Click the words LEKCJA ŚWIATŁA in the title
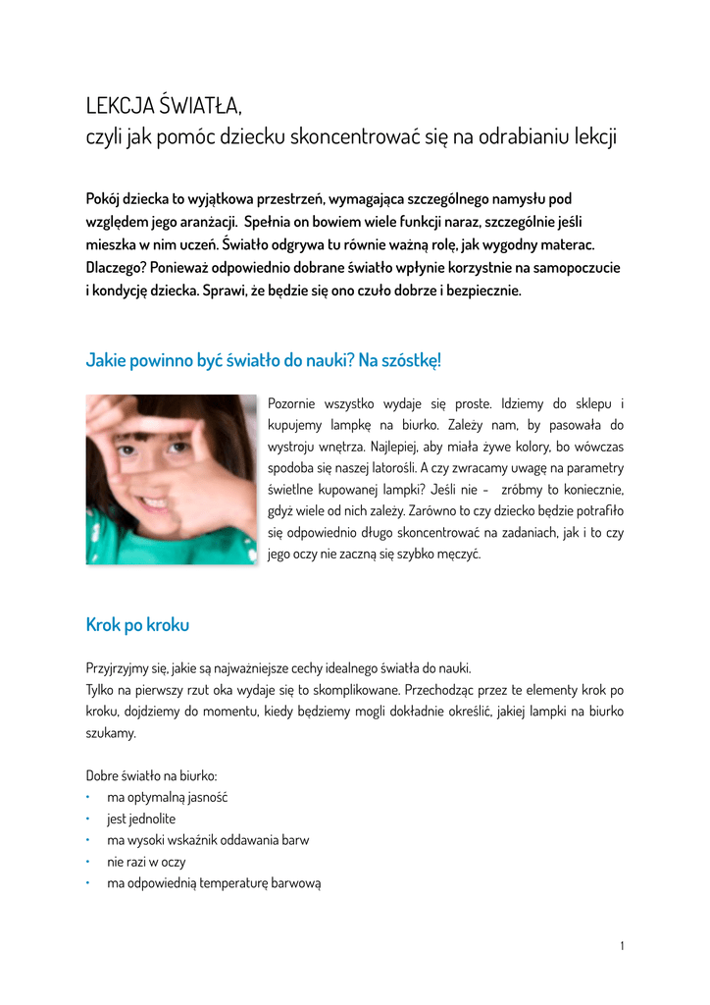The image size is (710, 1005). click(x=162, y=105)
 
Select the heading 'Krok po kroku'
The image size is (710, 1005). click(x=137, y=625)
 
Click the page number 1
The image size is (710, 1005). click(x=622, y=946)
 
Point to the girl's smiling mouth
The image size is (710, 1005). click(x=155, y=503)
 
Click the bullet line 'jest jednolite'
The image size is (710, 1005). click(x=141, y=819)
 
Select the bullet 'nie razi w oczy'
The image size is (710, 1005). click(x=146, y=862)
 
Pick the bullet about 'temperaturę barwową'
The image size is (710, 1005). click(x=214, y=883)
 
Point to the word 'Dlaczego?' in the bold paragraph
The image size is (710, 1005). click(x=117, y=267)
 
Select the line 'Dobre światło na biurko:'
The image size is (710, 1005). click(x=151, y=775)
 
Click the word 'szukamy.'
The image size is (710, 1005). click(x=111, y=733)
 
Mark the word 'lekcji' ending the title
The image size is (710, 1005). click(x=596, y=136)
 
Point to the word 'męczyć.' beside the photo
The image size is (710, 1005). click(x=457, y=555)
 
